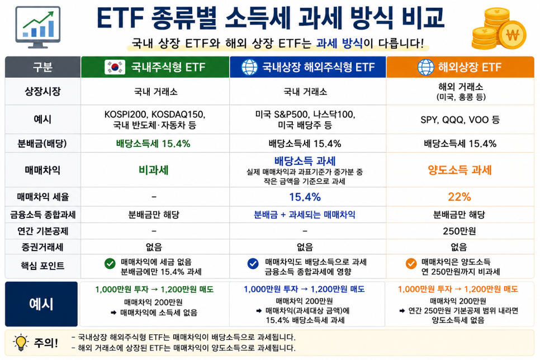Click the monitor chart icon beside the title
[38, 27]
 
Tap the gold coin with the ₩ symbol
[513, 35]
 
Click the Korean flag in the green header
[115, 67]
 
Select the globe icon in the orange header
[425, 67]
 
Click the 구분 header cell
[42, 67]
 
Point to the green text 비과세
[154, 170]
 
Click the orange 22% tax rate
[460, 197]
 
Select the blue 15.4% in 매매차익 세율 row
[305, 197]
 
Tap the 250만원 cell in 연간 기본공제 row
[460, 231]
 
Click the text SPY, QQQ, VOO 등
[460, 120]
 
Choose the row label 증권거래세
[43, 247]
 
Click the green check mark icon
[110, 264]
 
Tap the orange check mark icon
[411, 264]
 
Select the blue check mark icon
[253, 264]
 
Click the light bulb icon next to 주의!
[21, 343]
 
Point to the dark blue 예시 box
[41, 304]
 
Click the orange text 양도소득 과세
[460, 170]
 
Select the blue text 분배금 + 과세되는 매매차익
[305, 215]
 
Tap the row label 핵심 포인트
[42, 266]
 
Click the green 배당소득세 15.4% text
[153, 144]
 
